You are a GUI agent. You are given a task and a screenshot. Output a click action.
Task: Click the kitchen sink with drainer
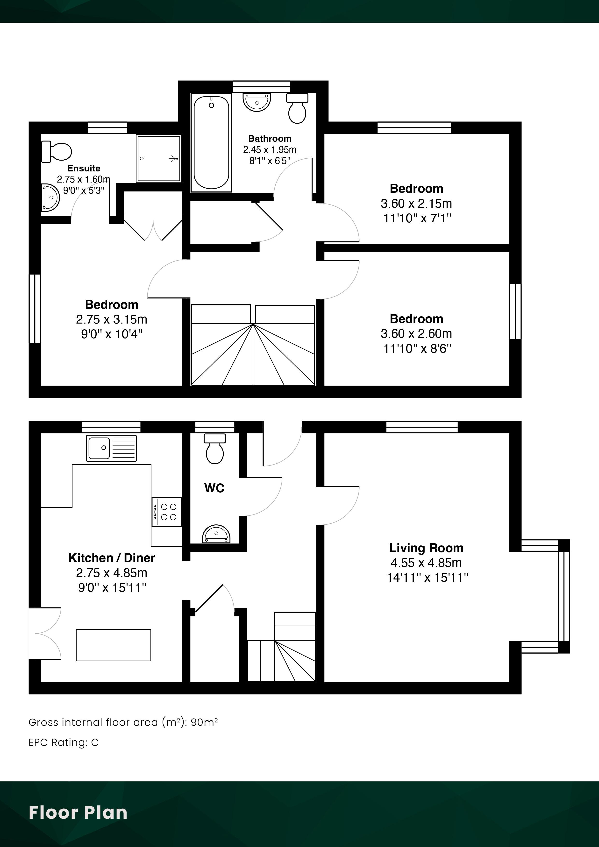click(x=111, y=448)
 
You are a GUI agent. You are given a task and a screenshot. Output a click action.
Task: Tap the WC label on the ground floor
click(x=214, y=488)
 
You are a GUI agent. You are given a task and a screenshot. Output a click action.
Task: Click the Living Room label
click(x=426, y=548)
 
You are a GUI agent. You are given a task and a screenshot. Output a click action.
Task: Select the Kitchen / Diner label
click(x=112, y=558)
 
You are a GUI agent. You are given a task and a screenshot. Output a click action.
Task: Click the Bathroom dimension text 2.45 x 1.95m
click(x=270, y=149)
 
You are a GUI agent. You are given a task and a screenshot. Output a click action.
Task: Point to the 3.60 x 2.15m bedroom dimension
click(x=416, y=203)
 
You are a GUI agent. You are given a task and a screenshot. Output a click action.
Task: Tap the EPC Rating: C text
click(x=64, y=742)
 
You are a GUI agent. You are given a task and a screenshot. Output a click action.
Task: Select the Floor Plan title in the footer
click(x=78, y=812)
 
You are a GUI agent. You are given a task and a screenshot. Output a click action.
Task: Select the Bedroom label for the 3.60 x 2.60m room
click(x=416, y=319)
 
